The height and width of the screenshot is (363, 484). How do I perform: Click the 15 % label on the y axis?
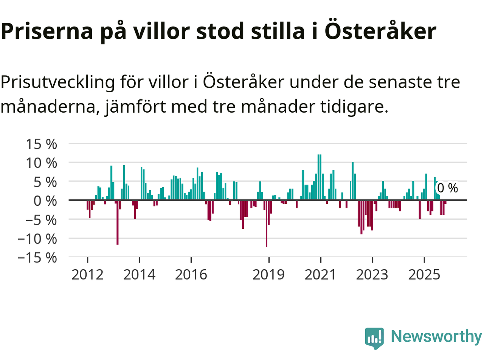coord(41,144)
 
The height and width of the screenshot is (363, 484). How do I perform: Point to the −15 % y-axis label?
coord(37,258)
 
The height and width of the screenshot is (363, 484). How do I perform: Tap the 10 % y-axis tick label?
coord(41,163)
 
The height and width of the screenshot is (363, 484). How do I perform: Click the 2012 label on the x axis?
coord(87,275)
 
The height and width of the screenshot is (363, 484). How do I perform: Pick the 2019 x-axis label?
coord(268,275)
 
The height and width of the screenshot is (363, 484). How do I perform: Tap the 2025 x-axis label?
coord(424,275)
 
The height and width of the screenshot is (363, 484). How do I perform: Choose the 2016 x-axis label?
coord(191,275)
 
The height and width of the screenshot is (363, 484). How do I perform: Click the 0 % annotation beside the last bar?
coord(447,188)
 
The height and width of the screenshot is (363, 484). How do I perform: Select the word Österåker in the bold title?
coord(380,31)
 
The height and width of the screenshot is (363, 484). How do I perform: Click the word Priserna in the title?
coord(47,31)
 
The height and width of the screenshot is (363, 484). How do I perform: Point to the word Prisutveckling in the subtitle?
coord(57,82)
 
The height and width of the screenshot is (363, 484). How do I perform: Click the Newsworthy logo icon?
coord(374,338)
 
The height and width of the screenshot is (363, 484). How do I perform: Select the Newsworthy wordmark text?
coord(436,336)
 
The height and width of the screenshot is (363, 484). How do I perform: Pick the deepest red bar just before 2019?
coord(267,223)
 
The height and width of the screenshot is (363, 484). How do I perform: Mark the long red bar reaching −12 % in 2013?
coord(118,222)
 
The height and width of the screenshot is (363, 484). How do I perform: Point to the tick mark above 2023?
coord(372,260)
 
